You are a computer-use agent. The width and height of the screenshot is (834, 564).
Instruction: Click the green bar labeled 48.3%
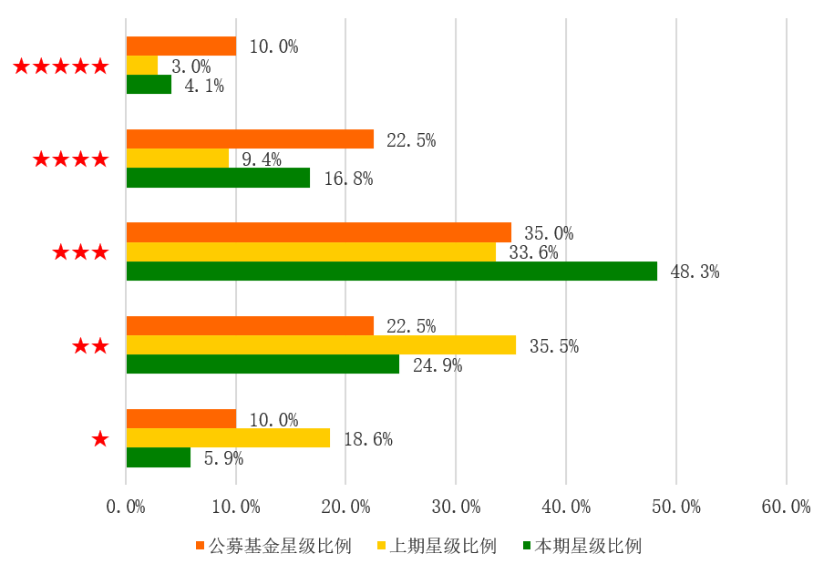tap(391, 272)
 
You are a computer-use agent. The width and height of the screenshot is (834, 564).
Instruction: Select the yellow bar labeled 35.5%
tap(321, 345)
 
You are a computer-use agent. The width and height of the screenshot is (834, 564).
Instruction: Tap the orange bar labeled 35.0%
tap(318, 232)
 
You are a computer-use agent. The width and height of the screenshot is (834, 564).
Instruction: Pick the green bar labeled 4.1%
tap(149, 85)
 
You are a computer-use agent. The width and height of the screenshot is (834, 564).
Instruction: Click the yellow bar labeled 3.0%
tap(142, 66)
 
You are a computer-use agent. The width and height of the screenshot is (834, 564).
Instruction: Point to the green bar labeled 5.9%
tap(159, 457)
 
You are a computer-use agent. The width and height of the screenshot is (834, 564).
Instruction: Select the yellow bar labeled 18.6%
tap(228, 438)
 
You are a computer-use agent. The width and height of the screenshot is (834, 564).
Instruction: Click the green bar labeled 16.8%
tap(218, 178)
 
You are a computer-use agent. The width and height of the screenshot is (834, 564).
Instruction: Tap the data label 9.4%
tap(262, 159)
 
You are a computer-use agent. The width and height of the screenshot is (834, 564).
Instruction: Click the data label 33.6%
tap(533, 252)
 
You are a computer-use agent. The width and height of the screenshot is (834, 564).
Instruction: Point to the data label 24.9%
tap(438, 365)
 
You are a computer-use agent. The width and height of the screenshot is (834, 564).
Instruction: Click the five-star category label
tap(61, 66)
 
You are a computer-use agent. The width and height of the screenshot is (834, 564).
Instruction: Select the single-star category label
tap(100, 439)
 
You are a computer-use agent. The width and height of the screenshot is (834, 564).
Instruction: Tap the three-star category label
tap(80, 252)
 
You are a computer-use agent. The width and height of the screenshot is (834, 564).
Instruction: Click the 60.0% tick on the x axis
tap(786, 508)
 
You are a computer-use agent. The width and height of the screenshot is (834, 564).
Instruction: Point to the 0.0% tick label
tap(126, 508)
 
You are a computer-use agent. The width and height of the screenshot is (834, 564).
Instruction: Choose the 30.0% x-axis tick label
tap(456, 508)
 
